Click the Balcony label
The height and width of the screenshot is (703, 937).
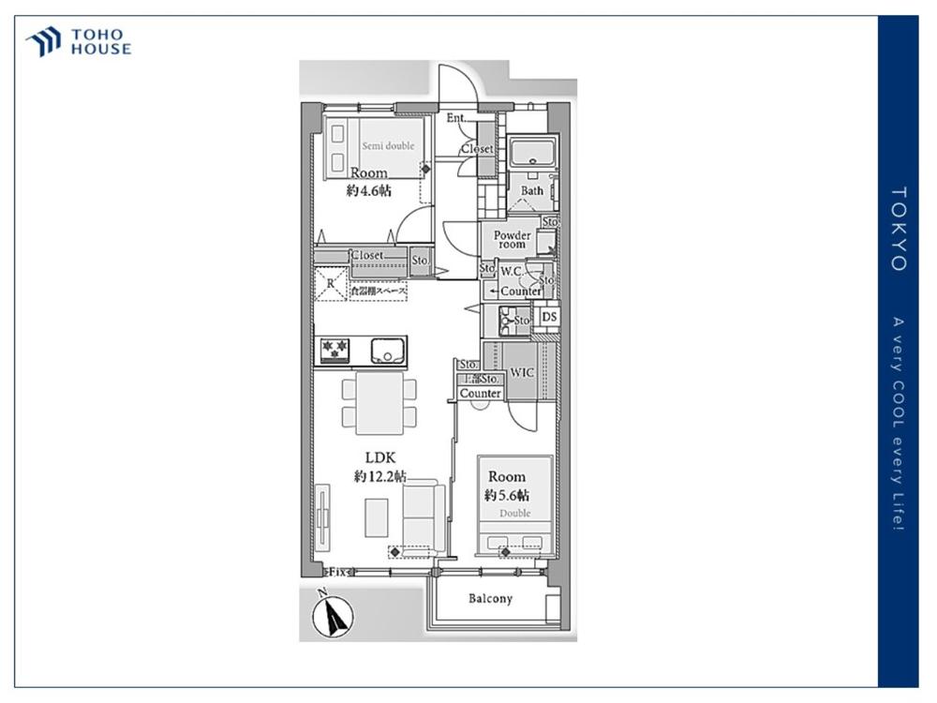[x=490, y=599]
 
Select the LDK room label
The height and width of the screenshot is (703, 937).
[x=380, y=457]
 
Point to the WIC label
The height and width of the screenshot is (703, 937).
[x=522, y=372]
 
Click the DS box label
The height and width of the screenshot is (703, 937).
[x=550, y=318]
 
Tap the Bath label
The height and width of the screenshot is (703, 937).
[x=531, y=191]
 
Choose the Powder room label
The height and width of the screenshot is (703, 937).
[x=512, y=239]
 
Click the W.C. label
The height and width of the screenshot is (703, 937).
[x=512, y=272]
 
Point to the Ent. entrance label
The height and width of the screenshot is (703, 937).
[x=456, y=118]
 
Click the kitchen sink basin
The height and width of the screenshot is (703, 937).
[x=387, y=351]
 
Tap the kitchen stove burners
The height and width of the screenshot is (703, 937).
[x=335, y=351]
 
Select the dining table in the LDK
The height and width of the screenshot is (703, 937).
[x=379, y=402]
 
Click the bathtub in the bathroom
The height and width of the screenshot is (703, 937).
[x=533, y=151]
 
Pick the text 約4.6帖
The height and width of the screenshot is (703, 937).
[x=369, y=190]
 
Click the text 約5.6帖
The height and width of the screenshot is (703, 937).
[x=507, y=495]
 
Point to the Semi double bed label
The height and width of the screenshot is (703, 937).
[x=388, y=146]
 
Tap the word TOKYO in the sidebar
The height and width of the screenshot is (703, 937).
[x=898, y=229]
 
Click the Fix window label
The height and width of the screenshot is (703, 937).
[x=336, y=571]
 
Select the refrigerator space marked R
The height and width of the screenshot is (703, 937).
[x=330, y=284]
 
